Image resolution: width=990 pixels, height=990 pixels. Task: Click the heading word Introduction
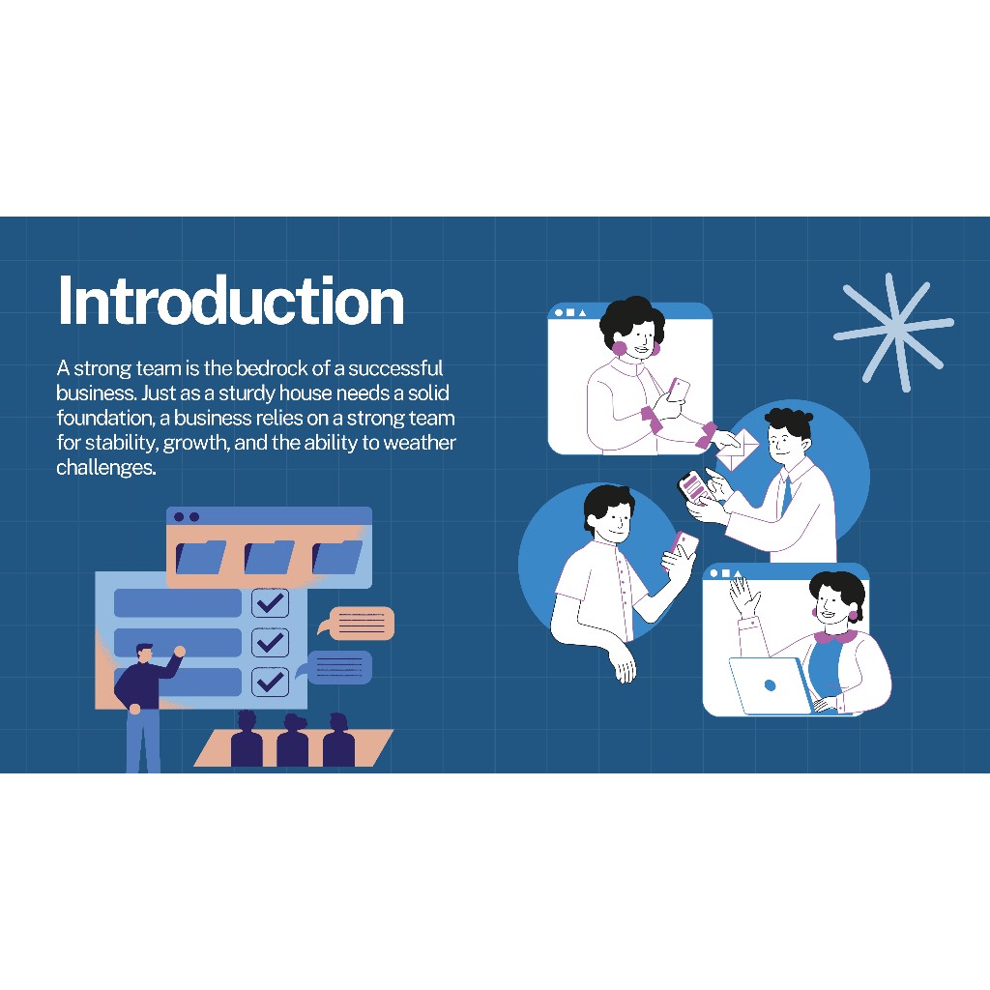pyautogui.click(x=230, y=301)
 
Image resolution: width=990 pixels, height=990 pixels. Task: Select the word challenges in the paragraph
pyautogui.click(x=106, y=467)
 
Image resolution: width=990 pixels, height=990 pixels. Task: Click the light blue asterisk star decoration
pyautogui.click(x=893, y=332)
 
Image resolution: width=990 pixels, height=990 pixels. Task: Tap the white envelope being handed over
pyautogui.click(x=737, y=449)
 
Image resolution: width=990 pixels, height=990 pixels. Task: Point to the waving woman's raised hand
pyautogui.click(x=744, y=596)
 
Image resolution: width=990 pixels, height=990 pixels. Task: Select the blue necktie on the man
pyautogui.click(x=787, y=496)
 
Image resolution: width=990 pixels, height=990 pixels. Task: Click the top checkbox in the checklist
pyautogui.click(x=271, y=603)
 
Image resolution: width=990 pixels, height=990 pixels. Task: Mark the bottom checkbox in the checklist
pyautogui.click(x=271, y=682)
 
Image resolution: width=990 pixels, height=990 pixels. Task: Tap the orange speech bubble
pyautogui.click(x=357, y=624)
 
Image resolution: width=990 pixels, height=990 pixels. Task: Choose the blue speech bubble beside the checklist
pyautogui.click(x=336, y=667)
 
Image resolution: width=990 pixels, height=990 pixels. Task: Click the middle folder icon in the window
pyautogui.click(x=269, y=557)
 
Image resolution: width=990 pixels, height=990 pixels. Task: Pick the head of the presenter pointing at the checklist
pyautogui.click(x=145, y=653)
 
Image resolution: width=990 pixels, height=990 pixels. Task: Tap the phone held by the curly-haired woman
pyautogui.click(x=679, y=391)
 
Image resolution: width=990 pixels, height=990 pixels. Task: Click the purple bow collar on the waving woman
pyautogui.click(x=835, y=636)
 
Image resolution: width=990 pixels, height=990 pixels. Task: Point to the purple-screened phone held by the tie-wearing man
pyautogui.click(x=692, y=487)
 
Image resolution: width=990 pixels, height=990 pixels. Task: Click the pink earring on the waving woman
pyautogui.click(x=853, y=616)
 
